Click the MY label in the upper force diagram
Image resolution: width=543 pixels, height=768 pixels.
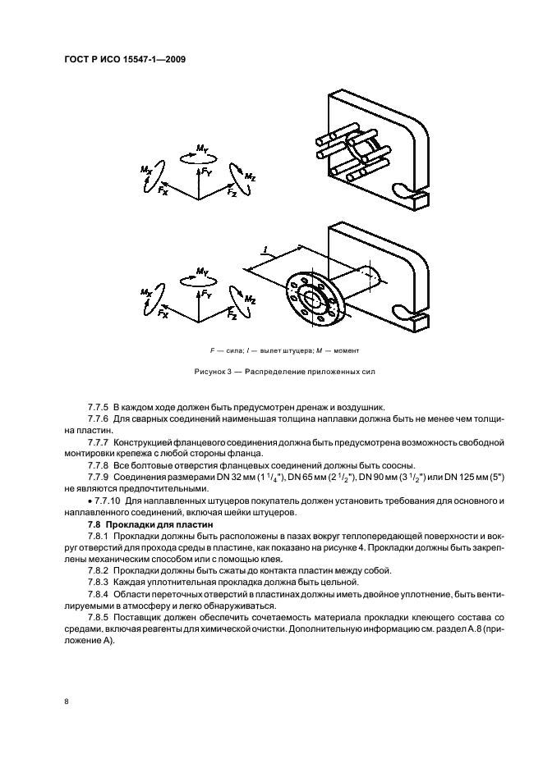point(201,149)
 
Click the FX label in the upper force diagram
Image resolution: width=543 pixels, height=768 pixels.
point(163,190)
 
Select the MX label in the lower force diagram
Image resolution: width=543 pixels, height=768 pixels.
point(146,292)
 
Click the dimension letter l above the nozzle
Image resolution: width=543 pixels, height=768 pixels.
point(265,249)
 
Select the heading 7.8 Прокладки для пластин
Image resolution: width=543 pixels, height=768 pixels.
point(148,523)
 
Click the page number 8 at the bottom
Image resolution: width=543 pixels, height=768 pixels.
point(66,702)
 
